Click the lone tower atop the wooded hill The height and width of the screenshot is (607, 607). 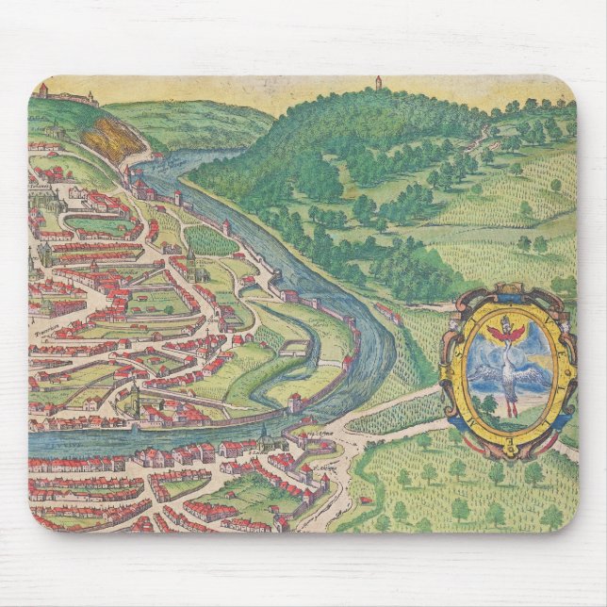tap(377, 82)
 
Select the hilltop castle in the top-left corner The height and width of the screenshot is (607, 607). tap(66, 94)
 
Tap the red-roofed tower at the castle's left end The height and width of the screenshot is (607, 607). tap(42, 90)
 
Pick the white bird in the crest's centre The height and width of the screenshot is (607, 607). tap(510, 372)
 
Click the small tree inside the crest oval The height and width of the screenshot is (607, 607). tap(489, 405)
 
